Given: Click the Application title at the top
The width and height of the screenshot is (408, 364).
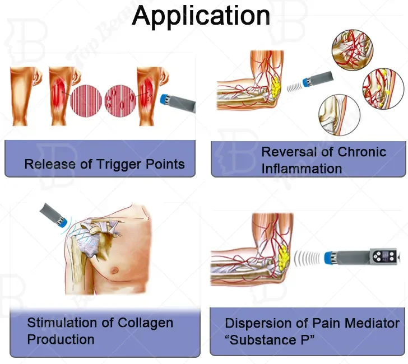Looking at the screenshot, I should [x=201, y=16].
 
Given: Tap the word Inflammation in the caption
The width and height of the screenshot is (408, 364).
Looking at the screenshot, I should [x=301, y=167].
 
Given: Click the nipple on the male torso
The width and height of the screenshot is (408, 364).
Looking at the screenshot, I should [x=115, y=270].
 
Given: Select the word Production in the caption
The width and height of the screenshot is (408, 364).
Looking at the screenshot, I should [x=61, y=339].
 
